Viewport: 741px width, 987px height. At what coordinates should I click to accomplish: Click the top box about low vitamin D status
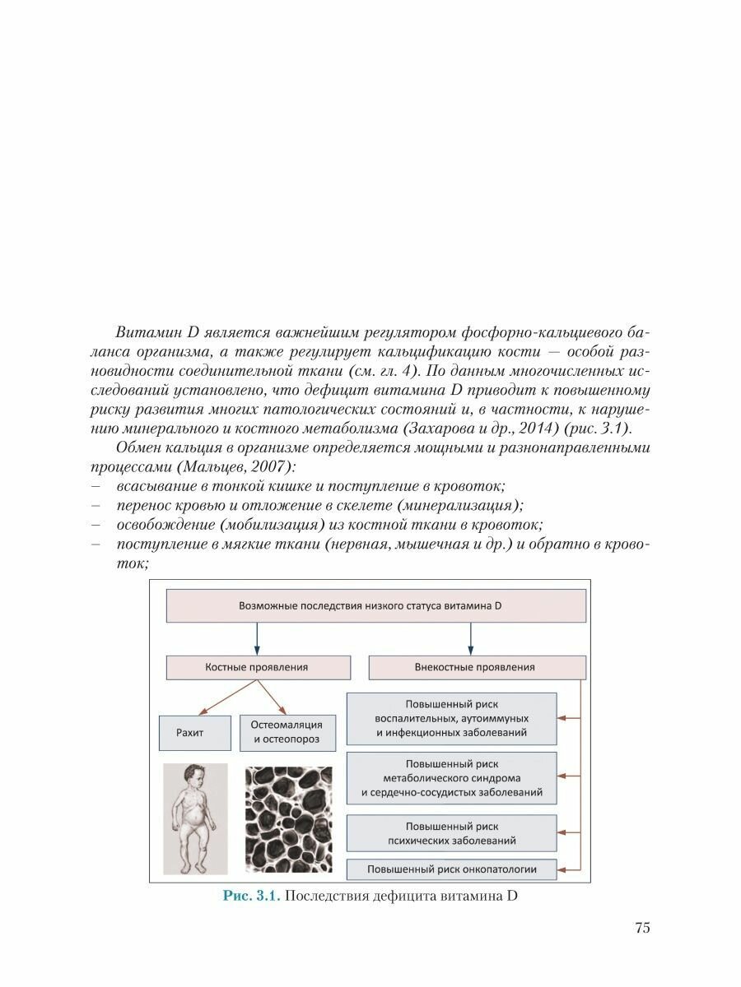point(376,605)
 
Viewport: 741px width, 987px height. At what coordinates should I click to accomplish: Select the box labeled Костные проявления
point(257,667)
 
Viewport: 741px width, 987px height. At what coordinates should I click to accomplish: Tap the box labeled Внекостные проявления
point(476,667)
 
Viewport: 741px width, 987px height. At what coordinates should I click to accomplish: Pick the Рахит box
point(194,732)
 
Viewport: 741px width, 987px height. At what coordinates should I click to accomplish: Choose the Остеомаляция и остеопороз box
point(287,732)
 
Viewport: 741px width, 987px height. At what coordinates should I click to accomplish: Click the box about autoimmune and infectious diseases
point(450,718)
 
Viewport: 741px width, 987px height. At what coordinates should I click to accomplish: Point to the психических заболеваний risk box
point(450,833)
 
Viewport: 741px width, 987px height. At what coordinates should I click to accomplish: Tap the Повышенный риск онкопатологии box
point(450,869)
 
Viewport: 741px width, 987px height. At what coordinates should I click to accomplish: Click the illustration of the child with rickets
point(194,818)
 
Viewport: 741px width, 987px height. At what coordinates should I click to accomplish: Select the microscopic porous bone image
point(288,819)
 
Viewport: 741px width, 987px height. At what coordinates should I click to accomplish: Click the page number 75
point(642,928)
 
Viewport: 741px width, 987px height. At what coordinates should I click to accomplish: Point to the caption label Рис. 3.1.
point(251,897)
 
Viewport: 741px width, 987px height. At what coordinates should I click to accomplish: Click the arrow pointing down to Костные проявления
point(257,638)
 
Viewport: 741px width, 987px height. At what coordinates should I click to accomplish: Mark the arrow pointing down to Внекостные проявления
point(470,638)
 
